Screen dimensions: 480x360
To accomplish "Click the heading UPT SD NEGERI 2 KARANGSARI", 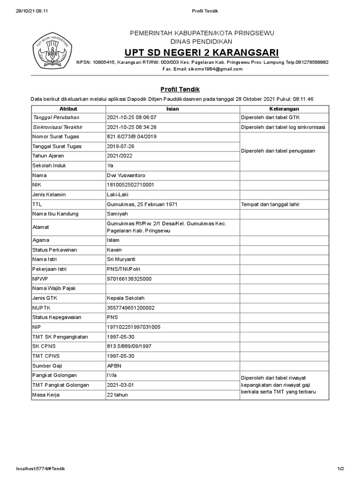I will (202, 52).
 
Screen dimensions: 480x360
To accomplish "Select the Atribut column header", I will (68, 109).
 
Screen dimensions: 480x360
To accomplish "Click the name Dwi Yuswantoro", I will (127, 175).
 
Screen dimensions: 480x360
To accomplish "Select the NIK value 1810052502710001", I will (130, 185).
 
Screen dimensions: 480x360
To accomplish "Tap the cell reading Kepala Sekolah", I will (126, 298).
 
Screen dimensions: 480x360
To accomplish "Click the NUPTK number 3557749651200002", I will (131, 307).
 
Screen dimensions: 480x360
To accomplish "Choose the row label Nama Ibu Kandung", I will (55, 214).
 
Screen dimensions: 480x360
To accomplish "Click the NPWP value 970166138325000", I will (129, 278).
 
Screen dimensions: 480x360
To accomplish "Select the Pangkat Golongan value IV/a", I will (112, 375).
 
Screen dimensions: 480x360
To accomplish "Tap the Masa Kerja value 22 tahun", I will (117, 395).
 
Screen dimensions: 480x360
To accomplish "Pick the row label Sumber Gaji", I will (47, 366).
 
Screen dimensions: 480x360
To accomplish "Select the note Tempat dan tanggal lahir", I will (270, 204).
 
